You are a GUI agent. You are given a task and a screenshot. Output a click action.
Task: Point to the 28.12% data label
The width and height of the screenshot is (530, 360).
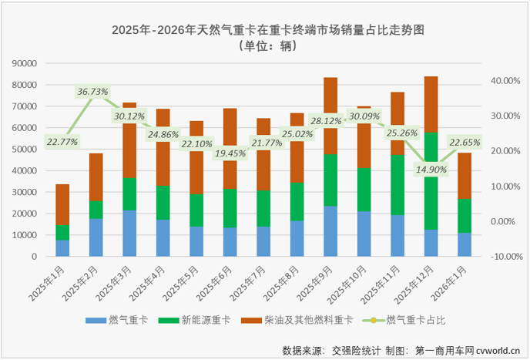coord(328,121)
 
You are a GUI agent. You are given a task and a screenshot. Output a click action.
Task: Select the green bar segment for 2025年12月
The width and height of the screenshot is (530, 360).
coord(430,180)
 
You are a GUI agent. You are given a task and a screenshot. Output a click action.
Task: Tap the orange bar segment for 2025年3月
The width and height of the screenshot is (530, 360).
coord(129,139)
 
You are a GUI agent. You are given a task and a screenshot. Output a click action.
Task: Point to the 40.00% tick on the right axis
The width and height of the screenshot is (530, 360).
coord(505,80)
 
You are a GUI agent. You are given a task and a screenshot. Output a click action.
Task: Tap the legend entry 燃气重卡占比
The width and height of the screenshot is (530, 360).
coord(416,318)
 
